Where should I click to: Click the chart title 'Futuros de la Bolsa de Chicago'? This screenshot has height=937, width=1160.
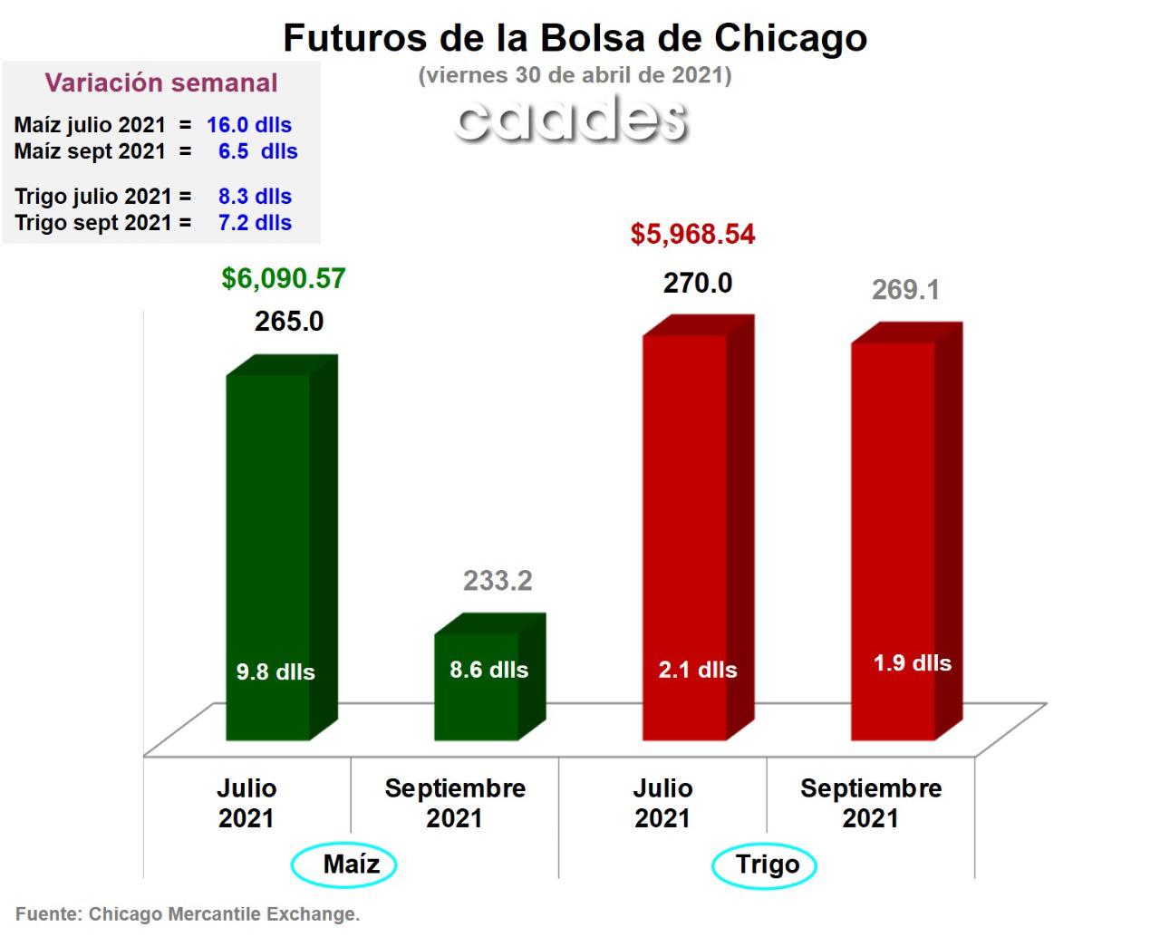[575, 38]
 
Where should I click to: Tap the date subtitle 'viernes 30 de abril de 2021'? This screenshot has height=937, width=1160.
[575, 75]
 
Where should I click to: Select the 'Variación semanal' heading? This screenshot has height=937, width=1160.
[161, 83]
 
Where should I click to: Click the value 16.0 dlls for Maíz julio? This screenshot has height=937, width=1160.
[249, 125]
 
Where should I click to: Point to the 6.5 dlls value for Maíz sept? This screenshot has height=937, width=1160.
[257, 151]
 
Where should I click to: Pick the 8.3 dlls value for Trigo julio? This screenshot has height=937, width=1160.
[255, 197]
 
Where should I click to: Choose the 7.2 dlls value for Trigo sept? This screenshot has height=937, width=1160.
[255, 223]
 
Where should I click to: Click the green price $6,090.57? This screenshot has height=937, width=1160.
[284, 278]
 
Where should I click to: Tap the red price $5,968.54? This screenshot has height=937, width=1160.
[692, 235]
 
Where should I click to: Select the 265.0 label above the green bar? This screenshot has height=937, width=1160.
[289, 322]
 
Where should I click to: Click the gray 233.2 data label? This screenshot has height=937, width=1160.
[498, 581]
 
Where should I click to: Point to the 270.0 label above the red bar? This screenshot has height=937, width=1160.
[698, 284]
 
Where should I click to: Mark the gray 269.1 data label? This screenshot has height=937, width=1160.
[905, 290]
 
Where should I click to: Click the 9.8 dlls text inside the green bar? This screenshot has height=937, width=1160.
[275, 672]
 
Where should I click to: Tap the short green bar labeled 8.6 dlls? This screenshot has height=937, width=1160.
[477, 689]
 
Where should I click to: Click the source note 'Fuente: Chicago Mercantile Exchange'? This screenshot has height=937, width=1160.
[188, 914]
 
